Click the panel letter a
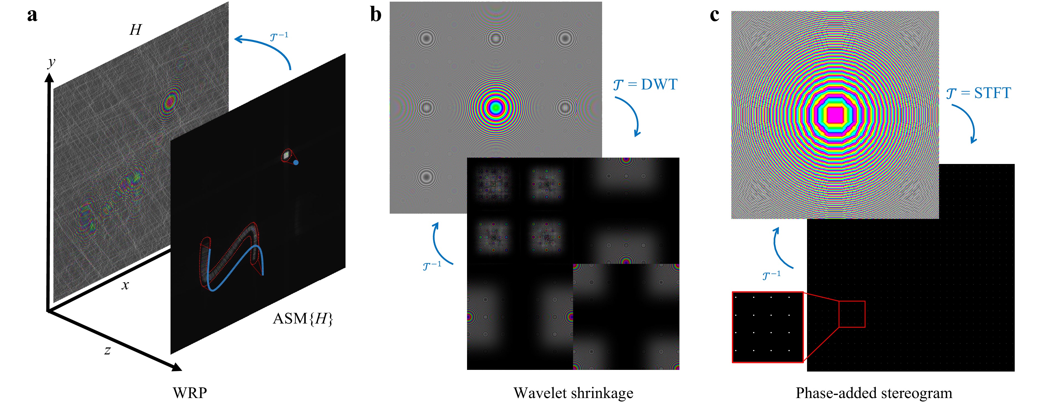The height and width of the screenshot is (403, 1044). (32, 15)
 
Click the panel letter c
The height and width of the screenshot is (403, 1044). (715, 15)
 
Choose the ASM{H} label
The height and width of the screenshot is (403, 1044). (303, 319)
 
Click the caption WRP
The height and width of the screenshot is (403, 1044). (190, 393)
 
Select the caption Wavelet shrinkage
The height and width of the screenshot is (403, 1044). (573, 393)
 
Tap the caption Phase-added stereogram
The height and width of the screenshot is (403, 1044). (874, 393)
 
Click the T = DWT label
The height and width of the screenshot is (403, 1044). (645, 85)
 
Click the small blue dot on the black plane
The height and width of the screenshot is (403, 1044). (296, 162)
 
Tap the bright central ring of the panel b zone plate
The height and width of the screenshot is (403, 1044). (496, 107)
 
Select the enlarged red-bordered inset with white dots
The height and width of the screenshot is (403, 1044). (768, 327)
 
